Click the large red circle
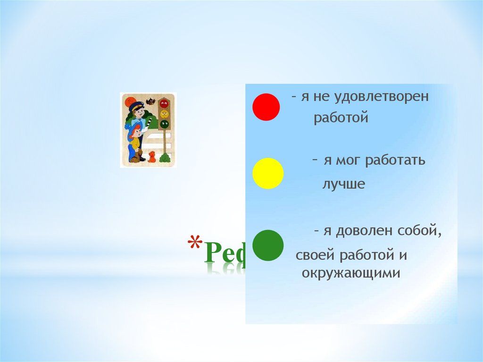pyautogui.click(x=266, y=107)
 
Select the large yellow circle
pyautogui.click(x=268, y=174)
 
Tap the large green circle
pyautogui.click(x=268, y=245)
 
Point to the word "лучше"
pyautogui.click(x=344, y=184)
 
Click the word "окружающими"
pyautogui.click(x=351, y=273)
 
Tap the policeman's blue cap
pyautogui.click(x=136, y=105)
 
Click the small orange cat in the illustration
pyautogui.click(x=152, y=157)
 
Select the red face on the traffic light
pyautogui.click(x=164, y=103)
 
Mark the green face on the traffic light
pyautogui.click(x=164, y=124)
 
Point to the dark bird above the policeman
pyautogui.click(x=151, y=101)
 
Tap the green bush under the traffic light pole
pyautogui.click(x=165, y=158)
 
